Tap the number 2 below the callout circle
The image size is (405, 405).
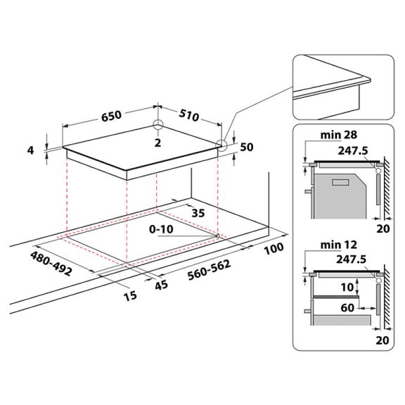(x=158, y=143)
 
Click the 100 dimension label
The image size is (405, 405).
(x=275, y=248)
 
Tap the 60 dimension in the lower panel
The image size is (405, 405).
(x=347, y=307)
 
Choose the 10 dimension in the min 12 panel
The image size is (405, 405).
(x=347, y=287)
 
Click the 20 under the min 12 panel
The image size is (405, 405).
(x=381, y=340)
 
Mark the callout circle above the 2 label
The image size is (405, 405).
(x=158, y=127)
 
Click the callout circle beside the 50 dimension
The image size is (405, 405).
(x=222, y=146)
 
